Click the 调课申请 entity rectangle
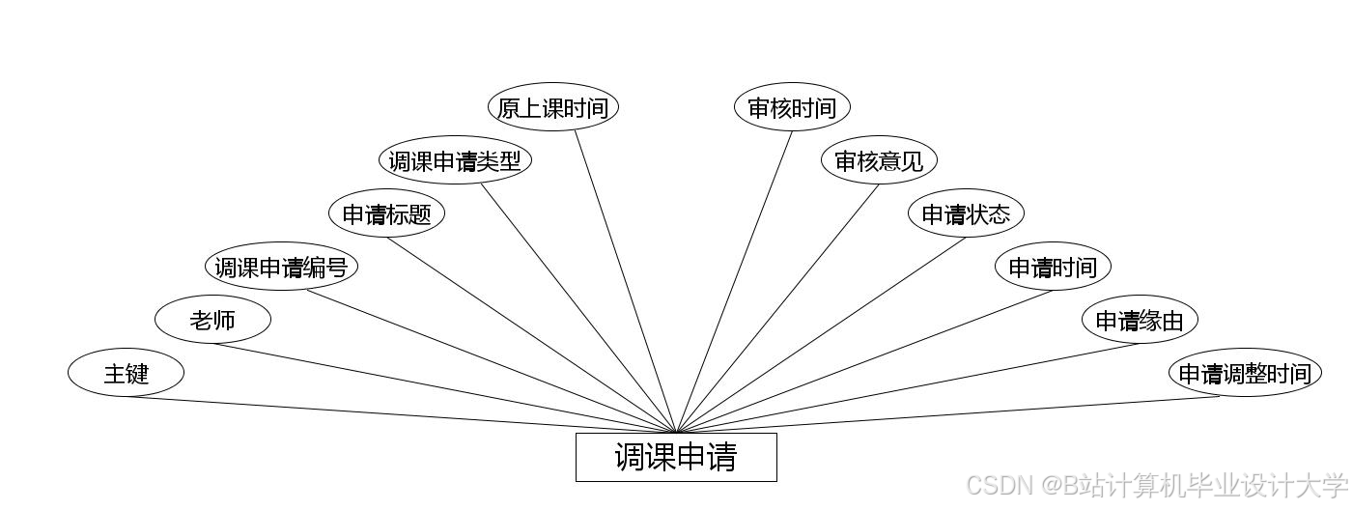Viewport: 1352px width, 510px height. [676, 457]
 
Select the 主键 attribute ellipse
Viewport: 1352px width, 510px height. [126, 373]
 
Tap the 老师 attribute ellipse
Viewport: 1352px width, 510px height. [212, 320]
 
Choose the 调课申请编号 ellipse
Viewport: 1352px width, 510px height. [281, 267]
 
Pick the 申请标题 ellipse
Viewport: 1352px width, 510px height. [386, 213]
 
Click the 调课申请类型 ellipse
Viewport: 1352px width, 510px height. [455, 160]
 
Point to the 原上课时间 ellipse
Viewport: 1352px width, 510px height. [552, 107]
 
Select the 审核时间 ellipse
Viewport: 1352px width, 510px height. [792, 107]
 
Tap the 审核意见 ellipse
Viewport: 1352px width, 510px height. [879, 160]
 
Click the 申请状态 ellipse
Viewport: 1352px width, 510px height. [966, 213]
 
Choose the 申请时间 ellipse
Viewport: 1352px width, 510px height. [1053, 267]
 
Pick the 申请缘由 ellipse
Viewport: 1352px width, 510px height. [1140, 320]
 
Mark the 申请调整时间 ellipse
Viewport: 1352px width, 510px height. [1245, 373]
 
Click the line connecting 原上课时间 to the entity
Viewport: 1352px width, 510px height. [626, 281]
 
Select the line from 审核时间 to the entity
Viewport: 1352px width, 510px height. [734, 281]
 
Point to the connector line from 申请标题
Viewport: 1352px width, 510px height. [531, 335]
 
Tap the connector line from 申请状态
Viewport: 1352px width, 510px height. [821, 335]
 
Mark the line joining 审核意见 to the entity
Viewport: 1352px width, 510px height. [777, 308]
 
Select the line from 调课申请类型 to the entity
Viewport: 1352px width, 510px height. [579, 308]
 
